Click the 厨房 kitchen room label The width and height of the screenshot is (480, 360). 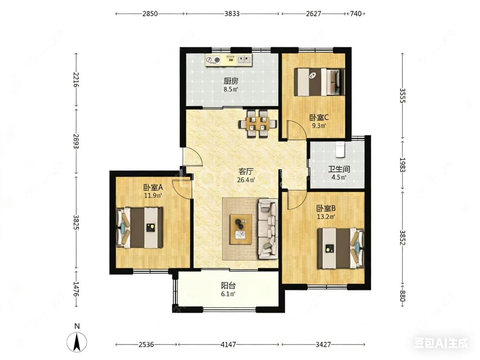[231, 81]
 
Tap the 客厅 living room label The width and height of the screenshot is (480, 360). [246, 171]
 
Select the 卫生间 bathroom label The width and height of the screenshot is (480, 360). [339, 169]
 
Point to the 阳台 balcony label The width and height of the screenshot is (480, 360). [228, 286]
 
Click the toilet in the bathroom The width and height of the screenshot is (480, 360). [340, 149]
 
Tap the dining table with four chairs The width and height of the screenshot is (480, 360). [258, 124]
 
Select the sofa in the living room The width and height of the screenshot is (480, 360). [268, 229]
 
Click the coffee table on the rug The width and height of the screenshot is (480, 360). [241, 229]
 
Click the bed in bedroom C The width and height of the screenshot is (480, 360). [319, 82]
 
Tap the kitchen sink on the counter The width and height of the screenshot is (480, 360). [244, 59]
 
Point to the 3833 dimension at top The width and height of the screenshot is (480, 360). [232, 14]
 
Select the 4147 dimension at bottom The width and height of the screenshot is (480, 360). [228, 345]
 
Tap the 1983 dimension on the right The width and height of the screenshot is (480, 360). [402, 165]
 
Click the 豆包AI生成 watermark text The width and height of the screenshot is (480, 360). [441, 343]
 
